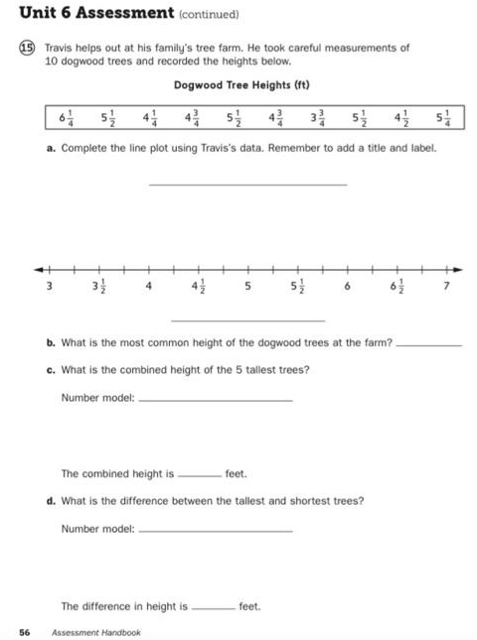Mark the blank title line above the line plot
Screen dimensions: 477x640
pyautogui.click(x=247, y=185)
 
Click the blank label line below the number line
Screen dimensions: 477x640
pyautogui.click(x=247, y=320)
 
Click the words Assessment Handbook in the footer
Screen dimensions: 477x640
pyautogui.click(x=96, y=632)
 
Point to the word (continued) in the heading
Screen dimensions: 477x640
pyautogui.click(x=210, y=15)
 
